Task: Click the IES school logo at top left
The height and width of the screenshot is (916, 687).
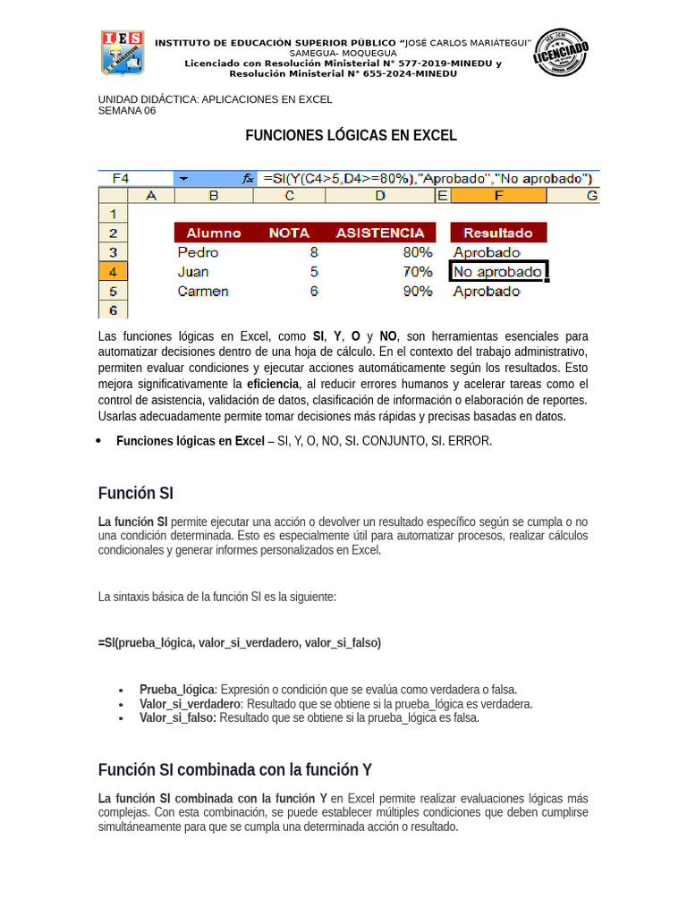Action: pos(123,53)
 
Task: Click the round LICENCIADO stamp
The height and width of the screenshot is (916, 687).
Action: pos(561,53)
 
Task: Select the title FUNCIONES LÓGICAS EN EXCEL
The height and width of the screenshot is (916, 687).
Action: pos(352,136)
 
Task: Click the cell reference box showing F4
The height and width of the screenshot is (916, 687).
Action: pos(121,178)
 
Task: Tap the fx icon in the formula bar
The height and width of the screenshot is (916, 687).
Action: pos(249,178)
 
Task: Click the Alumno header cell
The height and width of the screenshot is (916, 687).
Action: pos(214,233)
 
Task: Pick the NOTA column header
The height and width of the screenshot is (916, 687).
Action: pos(288,233)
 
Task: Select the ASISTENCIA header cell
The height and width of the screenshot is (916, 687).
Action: pos(380,233)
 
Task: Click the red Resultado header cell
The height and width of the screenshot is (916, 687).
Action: pos(498,233)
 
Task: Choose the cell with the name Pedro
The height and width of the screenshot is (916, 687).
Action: pos(198,252)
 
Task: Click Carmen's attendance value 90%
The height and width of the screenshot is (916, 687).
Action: pos(418,292)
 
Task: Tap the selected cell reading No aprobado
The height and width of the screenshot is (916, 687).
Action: pos(497,272)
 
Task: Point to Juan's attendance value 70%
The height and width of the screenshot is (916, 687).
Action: pos(418,272)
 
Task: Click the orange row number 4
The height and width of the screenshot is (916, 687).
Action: pos(113,272)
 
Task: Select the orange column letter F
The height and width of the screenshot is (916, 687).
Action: pos(498,196)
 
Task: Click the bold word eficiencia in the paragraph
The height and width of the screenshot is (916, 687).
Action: pos(273,384)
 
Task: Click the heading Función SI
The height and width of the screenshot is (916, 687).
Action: pos(136,493)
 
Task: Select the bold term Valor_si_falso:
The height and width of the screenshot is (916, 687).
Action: pos(178,717)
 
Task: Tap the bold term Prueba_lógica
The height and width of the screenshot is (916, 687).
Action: pos(177,690)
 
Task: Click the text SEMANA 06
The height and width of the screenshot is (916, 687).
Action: pos(126,111)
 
